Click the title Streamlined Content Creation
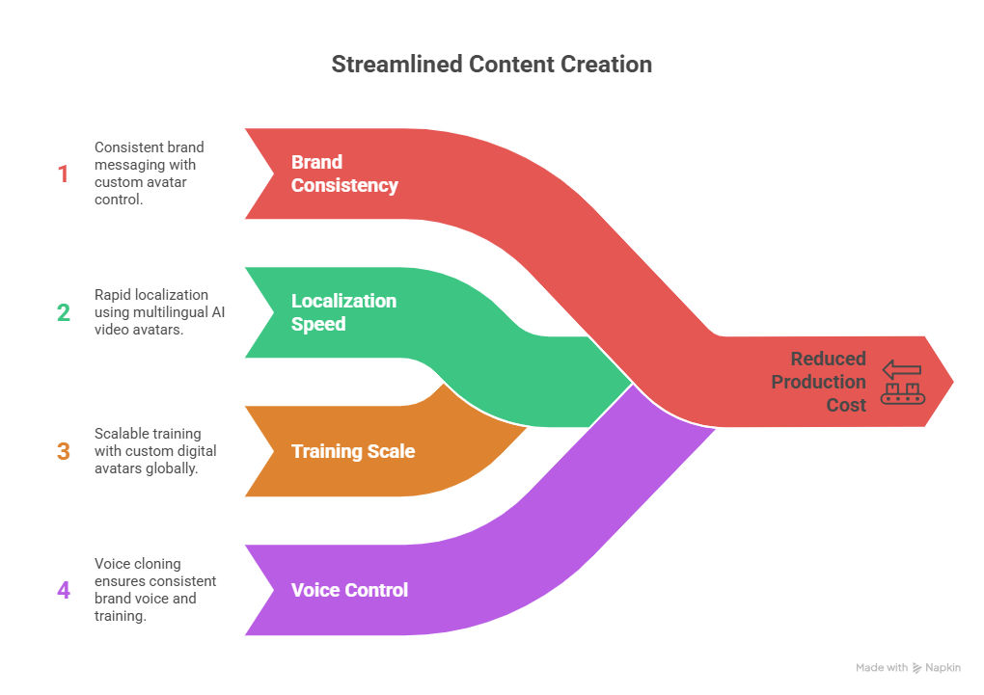(492, 65)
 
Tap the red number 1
(63, 174)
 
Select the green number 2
(63, 312)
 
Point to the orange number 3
(63, 451)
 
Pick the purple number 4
(63, 589)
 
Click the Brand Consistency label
(344, 174)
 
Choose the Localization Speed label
(343, 312)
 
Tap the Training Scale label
(353, 451)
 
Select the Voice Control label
(349, 590)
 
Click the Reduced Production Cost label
(818, 382)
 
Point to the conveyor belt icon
(903, 382)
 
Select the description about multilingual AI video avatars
(160, 312)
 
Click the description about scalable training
(155, 451)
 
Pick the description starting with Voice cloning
(155, 589)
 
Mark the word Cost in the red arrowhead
(846, 405)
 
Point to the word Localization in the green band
(343, 301)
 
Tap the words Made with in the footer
(882, 668)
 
